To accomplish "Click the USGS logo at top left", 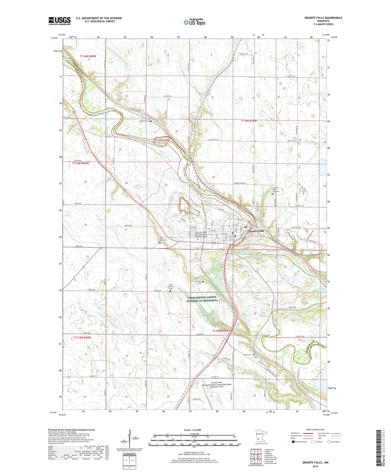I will (x=59, y=21).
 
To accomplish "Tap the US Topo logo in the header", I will (x=194, y=22).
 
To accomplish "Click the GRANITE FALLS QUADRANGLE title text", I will (x=323, y=18).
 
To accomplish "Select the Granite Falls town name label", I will (x=255, y=231).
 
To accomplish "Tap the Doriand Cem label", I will (x=144, y=121).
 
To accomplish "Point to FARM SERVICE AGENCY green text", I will (x=202, y=297).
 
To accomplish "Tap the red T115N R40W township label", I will (x=83, y=338).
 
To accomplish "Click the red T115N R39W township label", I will (x=220, y=331).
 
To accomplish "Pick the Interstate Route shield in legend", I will (x=294, y=442).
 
